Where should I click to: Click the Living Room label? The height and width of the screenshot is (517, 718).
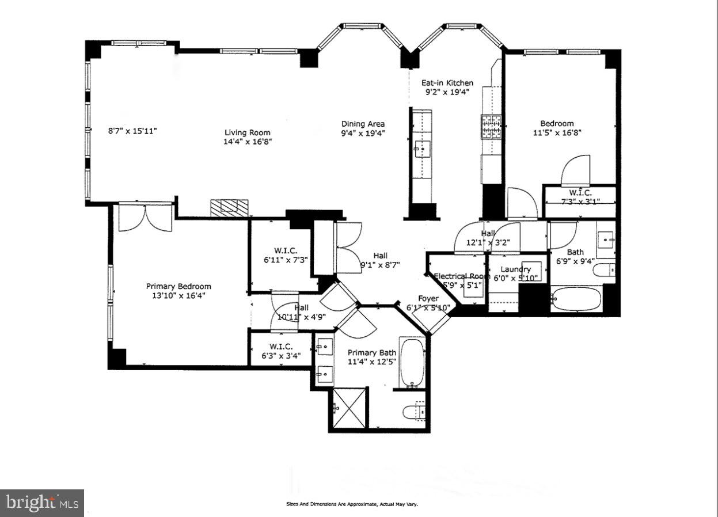click(247, 132)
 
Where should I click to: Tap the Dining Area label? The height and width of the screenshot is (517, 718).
click(363, 124)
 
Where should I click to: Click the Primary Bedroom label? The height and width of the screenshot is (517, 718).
click(178, 286)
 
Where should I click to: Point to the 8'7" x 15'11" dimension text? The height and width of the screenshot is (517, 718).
click(133, 131)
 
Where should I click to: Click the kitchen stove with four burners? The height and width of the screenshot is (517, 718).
click(492, 128)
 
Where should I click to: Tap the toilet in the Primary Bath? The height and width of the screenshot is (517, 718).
click(413, 412)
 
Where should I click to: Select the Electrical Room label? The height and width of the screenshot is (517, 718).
click(461, 276)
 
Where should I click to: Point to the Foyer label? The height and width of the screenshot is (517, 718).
click(428, 298)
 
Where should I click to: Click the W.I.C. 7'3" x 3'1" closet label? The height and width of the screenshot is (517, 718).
click(580, 192)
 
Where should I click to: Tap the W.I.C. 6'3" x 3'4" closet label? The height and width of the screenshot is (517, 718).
click(282, 347)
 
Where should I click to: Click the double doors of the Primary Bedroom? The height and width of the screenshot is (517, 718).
click(146, 218)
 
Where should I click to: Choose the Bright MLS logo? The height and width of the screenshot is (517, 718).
click(42, 503)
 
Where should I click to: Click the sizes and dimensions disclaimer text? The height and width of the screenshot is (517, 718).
click(352, 504)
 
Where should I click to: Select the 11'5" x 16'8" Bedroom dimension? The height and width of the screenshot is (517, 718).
click(556, 133)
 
